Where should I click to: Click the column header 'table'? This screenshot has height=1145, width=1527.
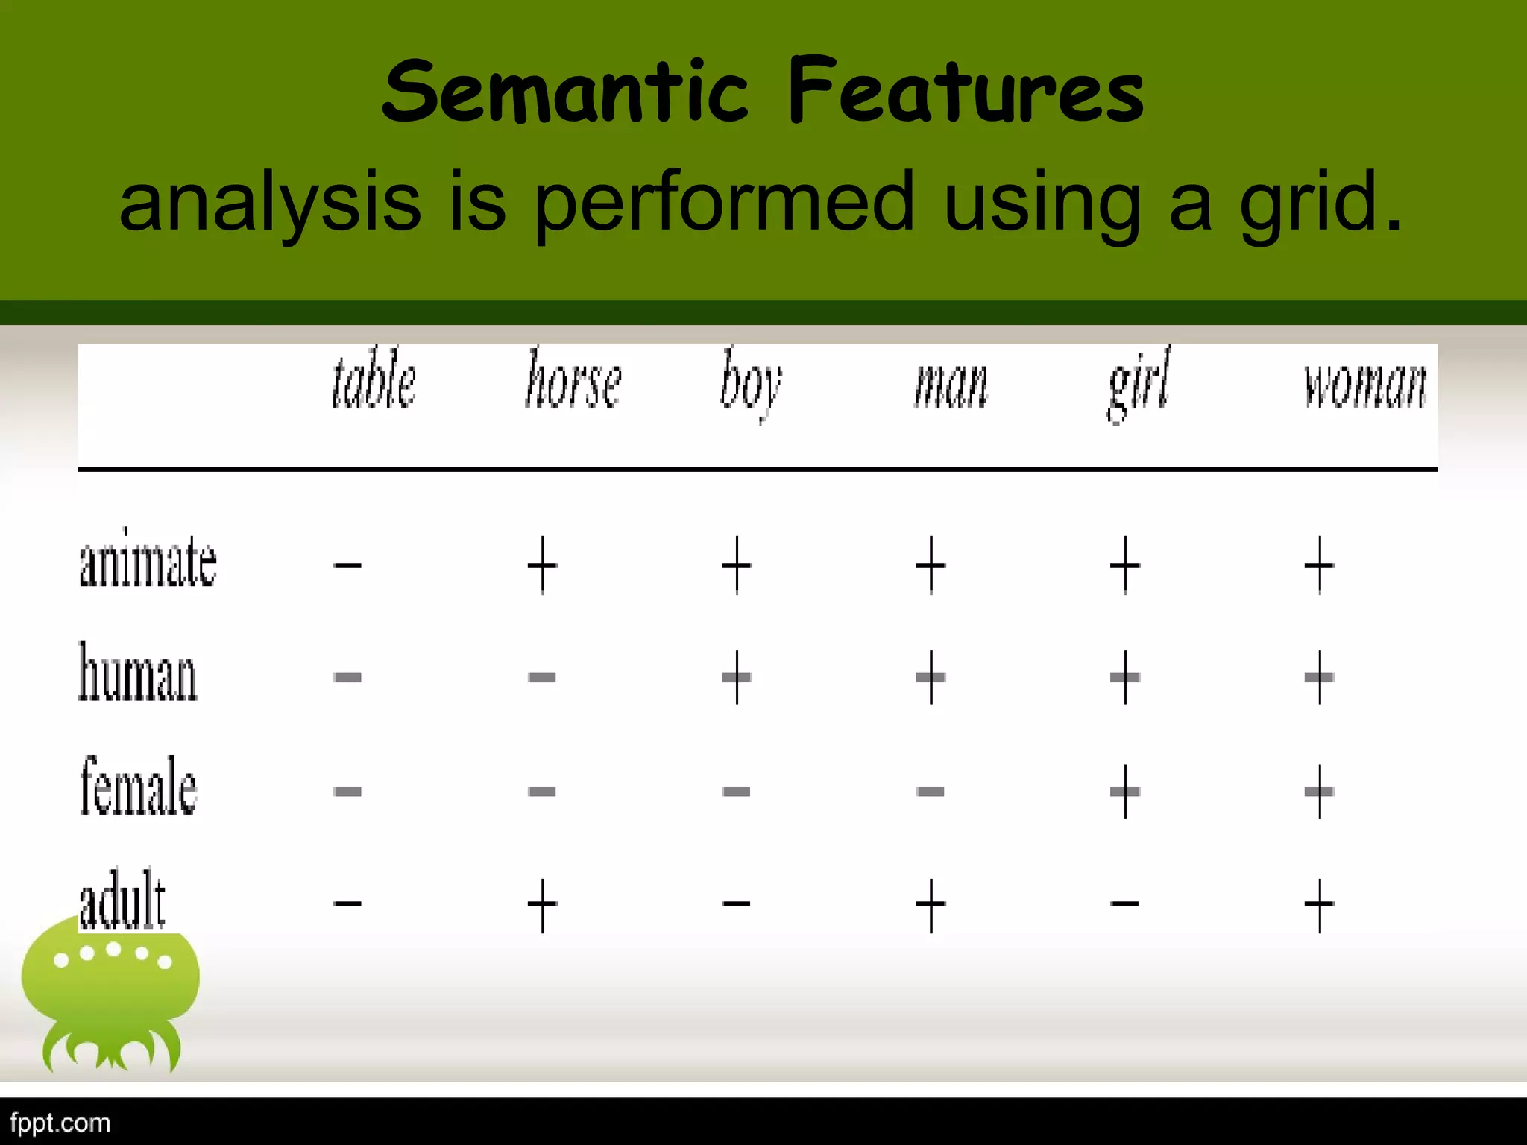[x=374, y=381]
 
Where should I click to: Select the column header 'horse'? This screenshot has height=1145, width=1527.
[x=573, y=381]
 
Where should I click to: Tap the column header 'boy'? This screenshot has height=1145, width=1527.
[x=750, y=385]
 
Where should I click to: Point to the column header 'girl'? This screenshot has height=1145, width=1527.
[x=1139, y=385]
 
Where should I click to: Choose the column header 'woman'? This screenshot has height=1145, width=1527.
[x=1364, y=385]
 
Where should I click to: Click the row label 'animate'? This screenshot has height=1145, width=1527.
[x=148, y=561]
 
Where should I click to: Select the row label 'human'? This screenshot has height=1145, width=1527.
[x=138, y=673]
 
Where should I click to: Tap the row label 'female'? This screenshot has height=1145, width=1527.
[x=139, y=786]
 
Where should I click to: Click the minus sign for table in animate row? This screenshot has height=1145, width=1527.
[x=347, y=565]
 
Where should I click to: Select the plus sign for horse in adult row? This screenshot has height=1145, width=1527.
[x=542, y=905]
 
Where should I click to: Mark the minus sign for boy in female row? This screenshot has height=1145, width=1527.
[x=736, y=791]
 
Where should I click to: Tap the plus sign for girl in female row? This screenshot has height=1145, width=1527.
[x=1124, y=791]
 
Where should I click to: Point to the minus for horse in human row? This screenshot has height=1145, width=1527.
[x=542, y=678]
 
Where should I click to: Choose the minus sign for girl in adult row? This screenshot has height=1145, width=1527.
[x=1124, y=904]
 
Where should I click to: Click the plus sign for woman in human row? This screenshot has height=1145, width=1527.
[x=1319, y=678]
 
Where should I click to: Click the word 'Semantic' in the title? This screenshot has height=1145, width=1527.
[x=564, y=92]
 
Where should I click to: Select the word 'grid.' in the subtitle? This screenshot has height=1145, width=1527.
[x=1320, y=201]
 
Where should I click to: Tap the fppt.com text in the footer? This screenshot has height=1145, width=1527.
[x=60, y=1123]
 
